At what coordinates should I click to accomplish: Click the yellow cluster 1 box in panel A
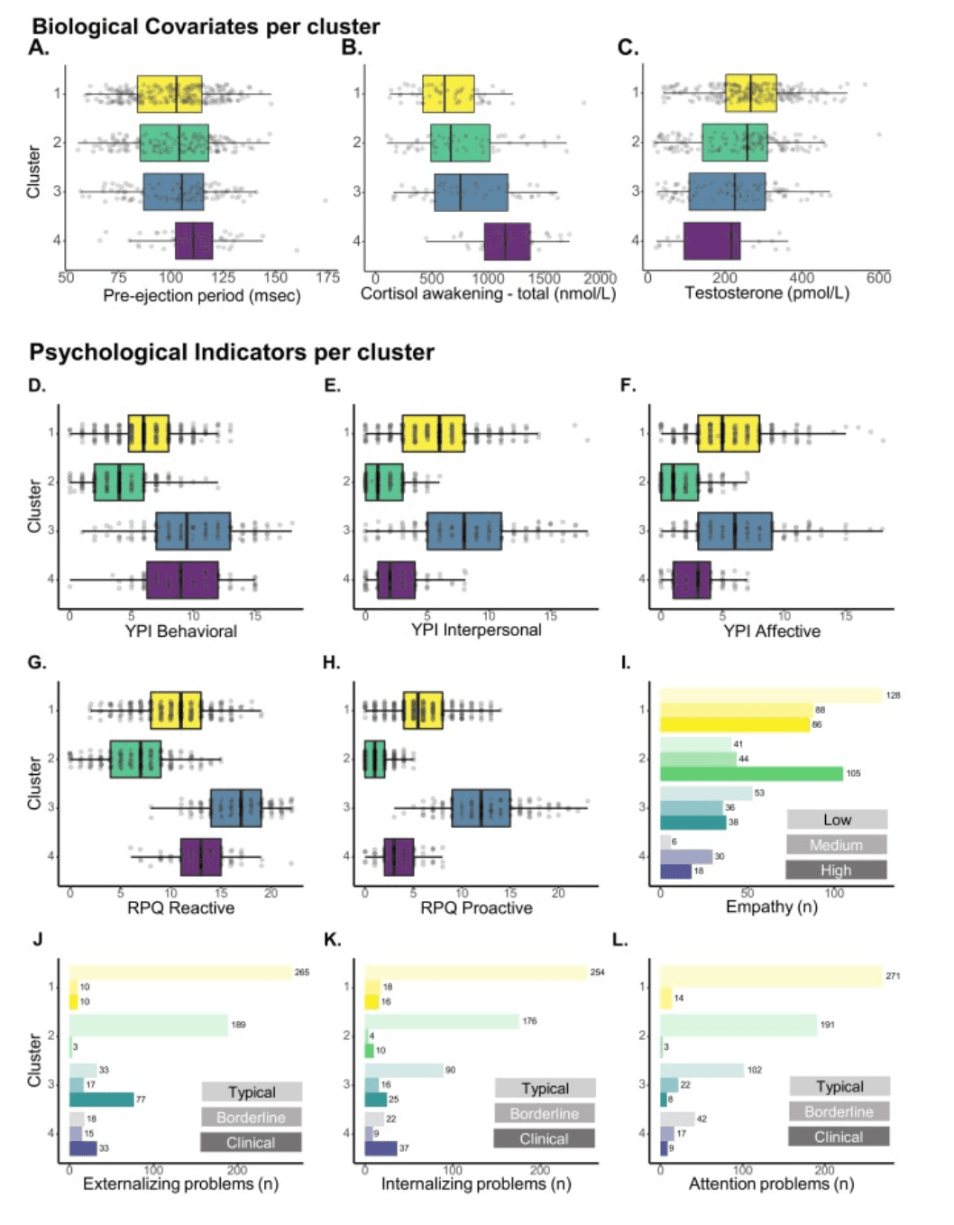pyautogui.click(x=170, y=94)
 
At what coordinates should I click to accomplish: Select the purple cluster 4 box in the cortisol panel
pyautogui.click(x=507, y=241)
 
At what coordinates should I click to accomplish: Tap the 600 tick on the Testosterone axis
pyautogui.click(x=878, y=278)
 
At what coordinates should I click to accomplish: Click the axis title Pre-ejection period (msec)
pyautogui.click(x=201, y=296)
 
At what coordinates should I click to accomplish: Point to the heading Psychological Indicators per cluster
pyautogui.click(x=232, y=352)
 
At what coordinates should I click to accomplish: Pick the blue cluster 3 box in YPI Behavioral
pyautogui.click(x=192, y=530)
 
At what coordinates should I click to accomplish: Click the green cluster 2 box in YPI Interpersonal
pyautogui.click(x=383, y=482)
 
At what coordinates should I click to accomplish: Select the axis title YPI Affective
pyautogui.click(x=771, y=631)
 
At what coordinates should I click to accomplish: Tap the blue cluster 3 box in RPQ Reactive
pyautogui.click(x=235, y=807)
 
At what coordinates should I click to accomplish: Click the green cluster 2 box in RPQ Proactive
pyautogui.click(x=374, y=759)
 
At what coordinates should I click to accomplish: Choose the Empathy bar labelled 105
pyautogui.click(x=751, y=773)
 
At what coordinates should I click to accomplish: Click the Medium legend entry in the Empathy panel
pyautogui.click(x=836, y=845)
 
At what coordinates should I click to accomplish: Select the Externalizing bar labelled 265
pyautogui.click(x=180, y=972)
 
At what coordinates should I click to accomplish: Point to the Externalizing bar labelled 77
pyautogui.click(x=101, y=1099)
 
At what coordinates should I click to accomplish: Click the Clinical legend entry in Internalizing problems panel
pyautogui.click(x=544, y=1139)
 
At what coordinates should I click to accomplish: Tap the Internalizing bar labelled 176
pyautogui.click(x=442, y=1021)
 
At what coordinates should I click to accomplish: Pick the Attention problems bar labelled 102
pyautogui.click(x=702, y=1070)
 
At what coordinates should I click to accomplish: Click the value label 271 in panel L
pyautogui.click(x=893, y=976)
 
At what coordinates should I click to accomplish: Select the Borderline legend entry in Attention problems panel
pyautogui.click(x=839, y=1112)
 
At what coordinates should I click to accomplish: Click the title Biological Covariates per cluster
pyautogui.click(x=206, y=26)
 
